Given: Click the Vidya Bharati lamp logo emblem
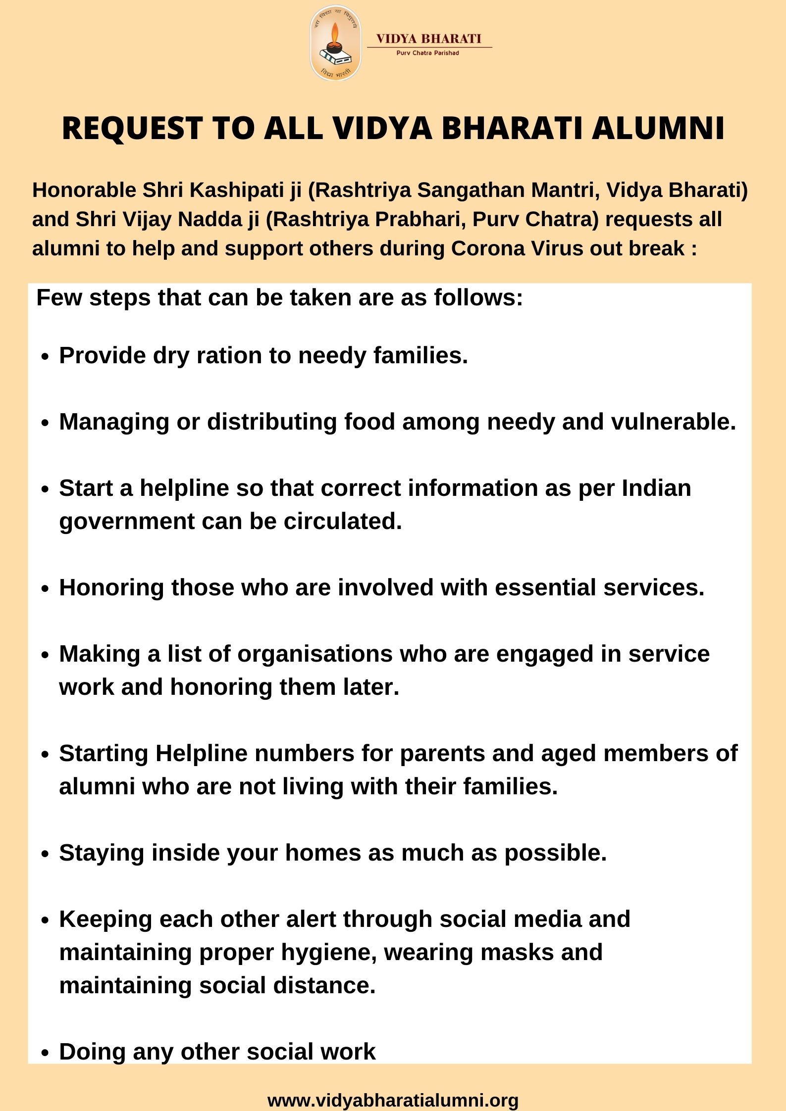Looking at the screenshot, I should pos(336,43).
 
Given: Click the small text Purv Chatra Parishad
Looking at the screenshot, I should pos(427,53).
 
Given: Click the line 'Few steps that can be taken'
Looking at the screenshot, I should pos(279,298).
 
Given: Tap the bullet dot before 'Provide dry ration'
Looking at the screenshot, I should pos(46,357).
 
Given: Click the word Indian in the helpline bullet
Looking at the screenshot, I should pos(656,488).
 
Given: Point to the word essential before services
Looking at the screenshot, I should pos(545,588).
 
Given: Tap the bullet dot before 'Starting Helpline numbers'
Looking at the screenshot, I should pos(46,755).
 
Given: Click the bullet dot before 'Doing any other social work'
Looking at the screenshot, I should pos(46,1053).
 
